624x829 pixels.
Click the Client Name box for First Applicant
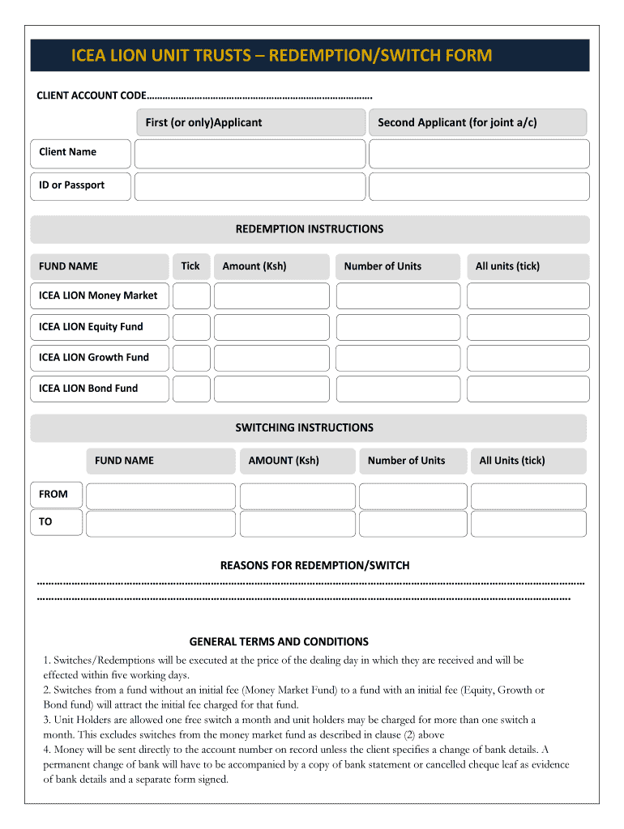coord(250,154)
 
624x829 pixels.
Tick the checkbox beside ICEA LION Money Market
coord(191,296)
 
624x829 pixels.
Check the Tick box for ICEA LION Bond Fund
coord(191,389)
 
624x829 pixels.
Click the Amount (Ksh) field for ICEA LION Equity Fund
coord(271,327)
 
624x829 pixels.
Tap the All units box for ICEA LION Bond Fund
coord(528,389)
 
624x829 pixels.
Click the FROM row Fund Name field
coord(160,496)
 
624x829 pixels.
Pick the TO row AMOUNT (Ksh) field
coord(297,524)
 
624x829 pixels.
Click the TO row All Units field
coord(528,524)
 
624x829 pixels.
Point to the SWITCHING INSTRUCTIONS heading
coord(304,427)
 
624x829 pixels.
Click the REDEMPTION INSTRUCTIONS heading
coord(309,229)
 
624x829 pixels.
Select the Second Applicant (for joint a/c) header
coord(457,123)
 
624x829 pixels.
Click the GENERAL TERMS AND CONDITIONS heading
coord(279,641)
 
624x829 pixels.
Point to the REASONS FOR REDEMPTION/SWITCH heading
coord(314,565)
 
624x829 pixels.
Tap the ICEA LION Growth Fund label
coord(94,358)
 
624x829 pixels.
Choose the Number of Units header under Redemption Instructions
coord(383,266)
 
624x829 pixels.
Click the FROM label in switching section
coord(53,495)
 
